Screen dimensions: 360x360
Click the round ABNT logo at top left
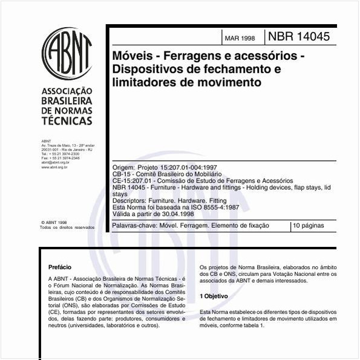[67, 52]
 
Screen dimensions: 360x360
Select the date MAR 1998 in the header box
[240, 38]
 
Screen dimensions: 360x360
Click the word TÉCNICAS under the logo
[66, 121]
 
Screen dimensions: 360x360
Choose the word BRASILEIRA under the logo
[66, 102]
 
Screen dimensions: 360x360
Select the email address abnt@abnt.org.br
[55, 162]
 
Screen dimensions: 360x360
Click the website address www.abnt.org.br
[56, 166]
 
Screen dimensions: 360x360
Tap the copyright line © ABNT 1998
[54, 222]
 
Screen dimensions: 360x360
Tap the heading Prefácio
[59, 266]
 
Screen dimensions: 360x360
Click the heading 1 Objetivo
[214, 296]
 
